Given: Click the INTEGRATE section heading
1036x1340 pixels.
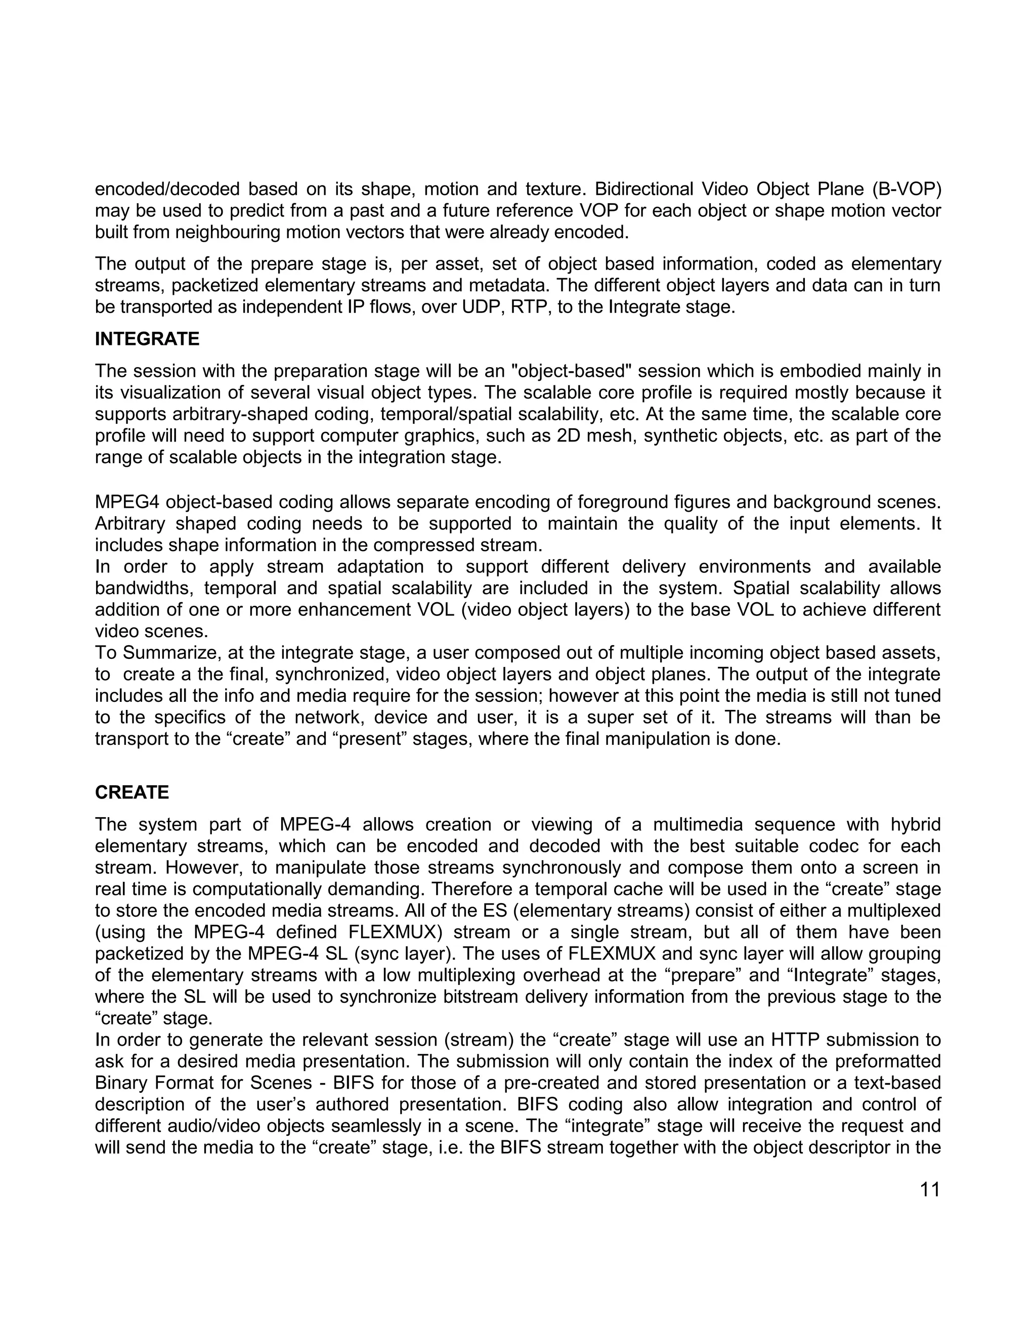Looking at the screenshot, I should click(x=147, y=339).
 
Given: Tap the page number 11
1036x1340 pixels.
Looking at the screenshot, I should click(x=930, y=1190).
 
